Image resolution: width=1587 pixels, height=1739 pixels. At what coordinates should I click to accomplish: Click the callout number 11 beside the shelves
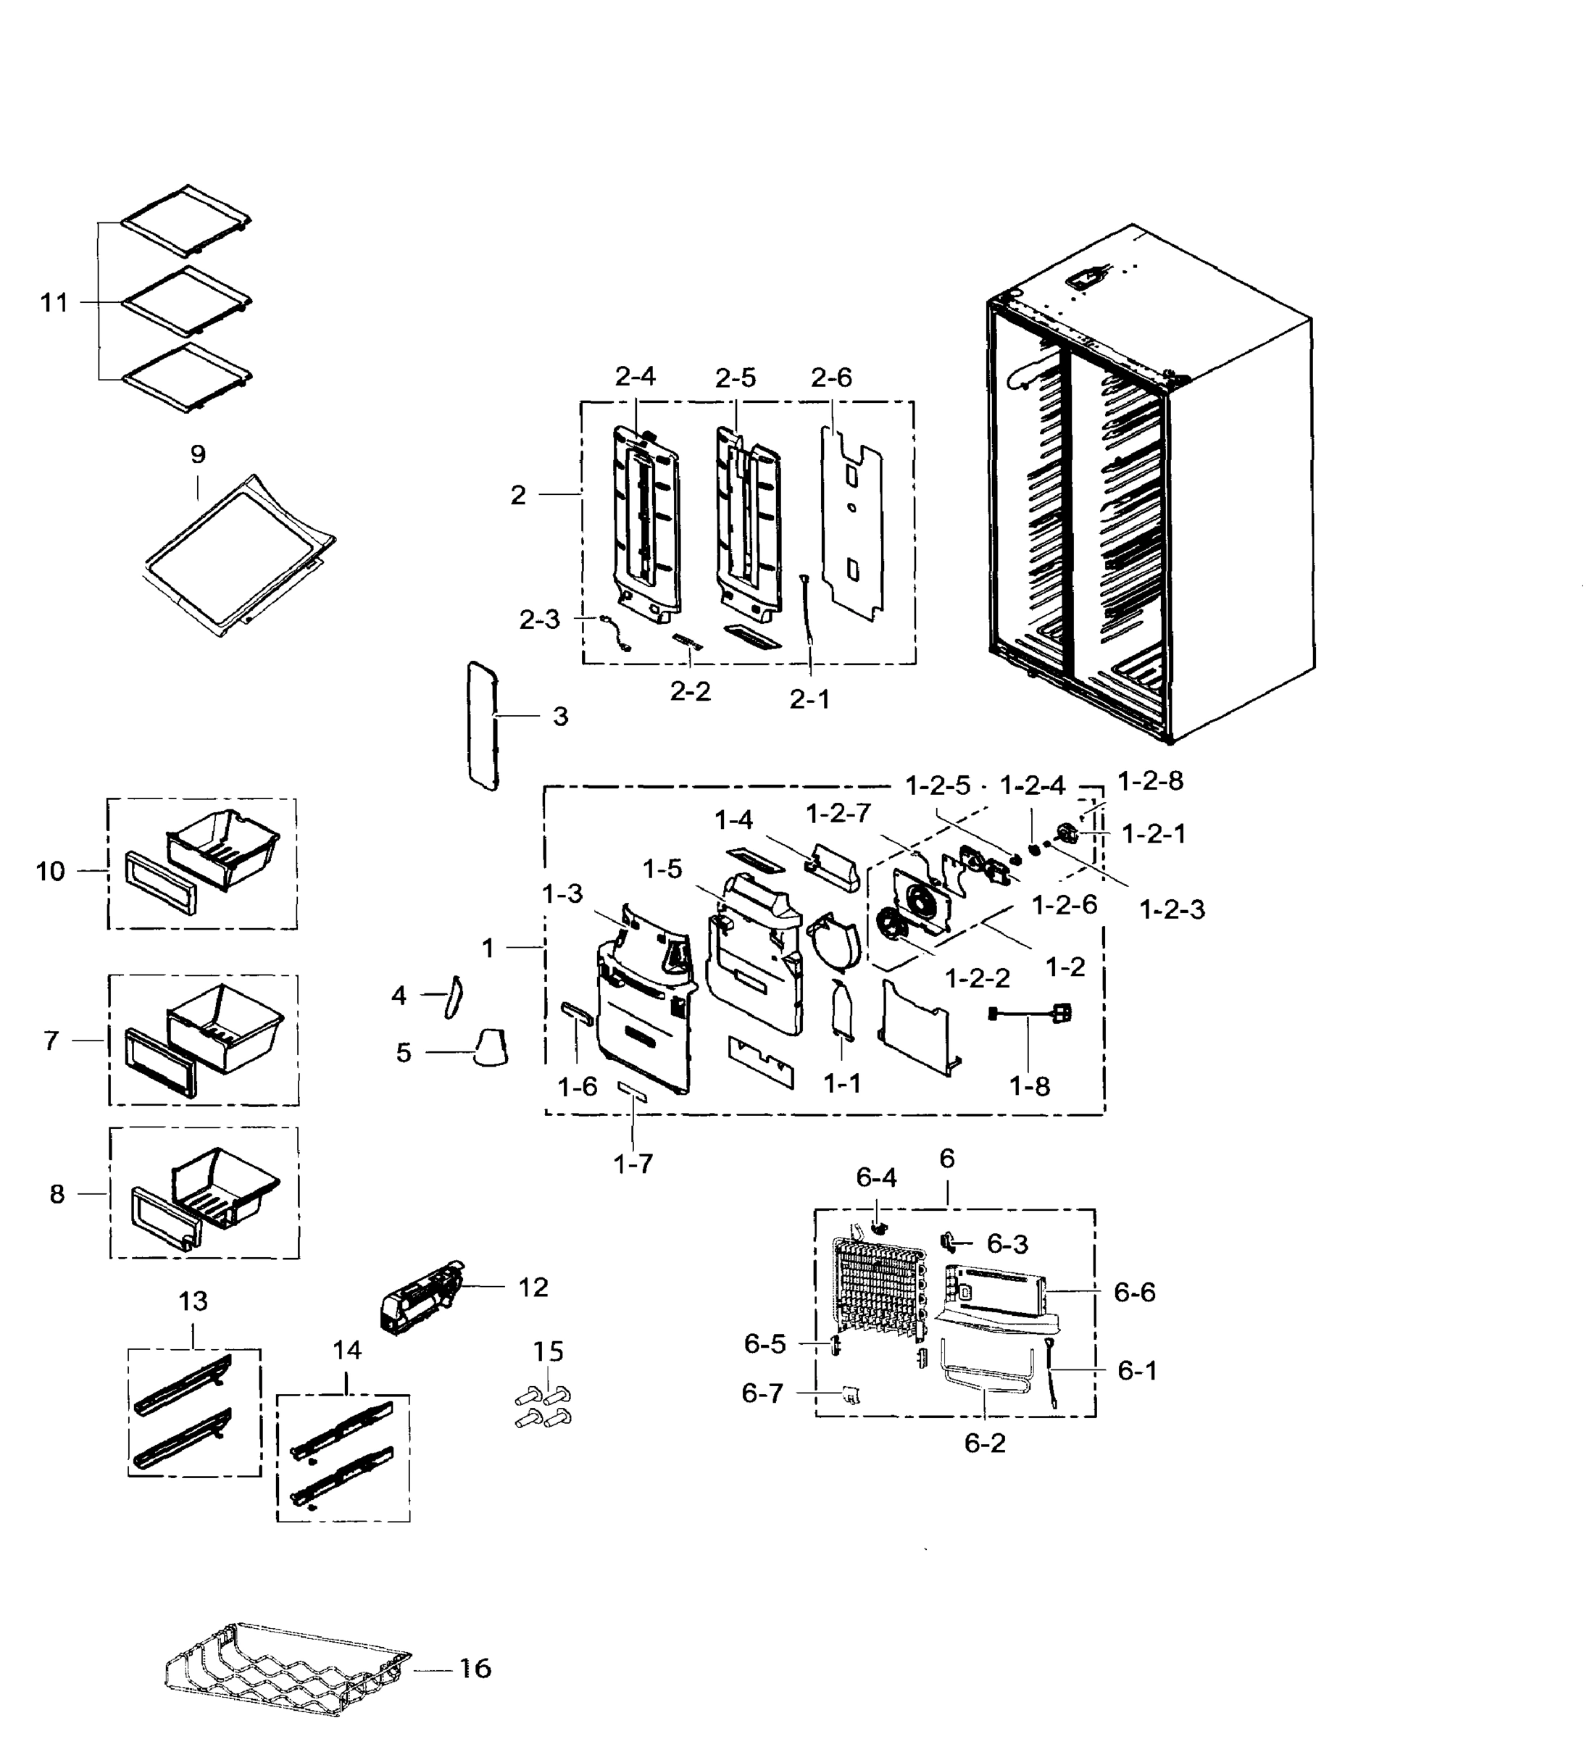pyautogui.click(x=54, y=303)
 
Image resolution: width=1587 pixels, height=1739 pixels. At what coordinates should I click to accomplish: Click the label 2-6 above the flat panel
pyautogui.click(x=830, y=378)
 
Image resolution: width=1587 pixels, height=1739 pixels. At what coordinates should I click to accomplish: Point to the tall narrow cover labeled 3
pyautogui.click(x=482, y=725)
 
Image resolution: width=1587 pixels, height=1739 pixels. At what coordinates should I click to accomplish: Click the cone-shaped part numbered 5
pyautogui.click(x=490, y=1048)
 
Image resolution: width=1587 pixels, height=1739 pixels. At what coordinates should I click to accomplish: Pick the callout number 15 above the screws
pyautogui.click(x=548, y=1351)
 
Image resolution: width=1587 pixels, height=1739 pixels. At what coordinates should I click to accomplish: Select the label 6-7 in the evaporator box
pyautogui.click(x=762, y=1393)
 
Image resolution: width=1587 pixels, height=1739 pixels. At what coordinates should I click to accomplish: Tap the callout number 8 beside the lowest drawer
pyautogui.click(x=57, y=1194)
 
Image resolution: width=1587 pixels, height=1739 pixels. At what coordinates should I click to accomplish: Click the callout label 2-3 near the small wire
pyautogui.click(x=539, y=620)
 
